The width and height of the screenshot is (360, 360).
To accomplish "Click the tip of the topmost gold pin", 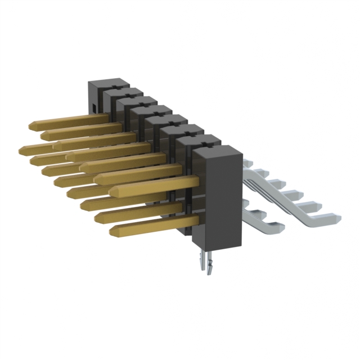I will coord(29,123).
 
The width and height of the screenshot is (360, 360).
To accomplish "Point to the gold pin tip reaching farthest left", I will coord(21,149).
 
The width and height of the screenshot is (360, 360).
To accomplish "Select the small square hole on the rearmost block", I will coord(93,105).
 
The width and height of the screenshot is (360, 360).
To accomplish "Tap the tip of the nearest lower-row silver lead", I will coord(280,226).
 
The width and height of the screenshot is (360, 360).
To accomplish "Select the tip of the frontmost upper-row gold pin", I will coord(112,191).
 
